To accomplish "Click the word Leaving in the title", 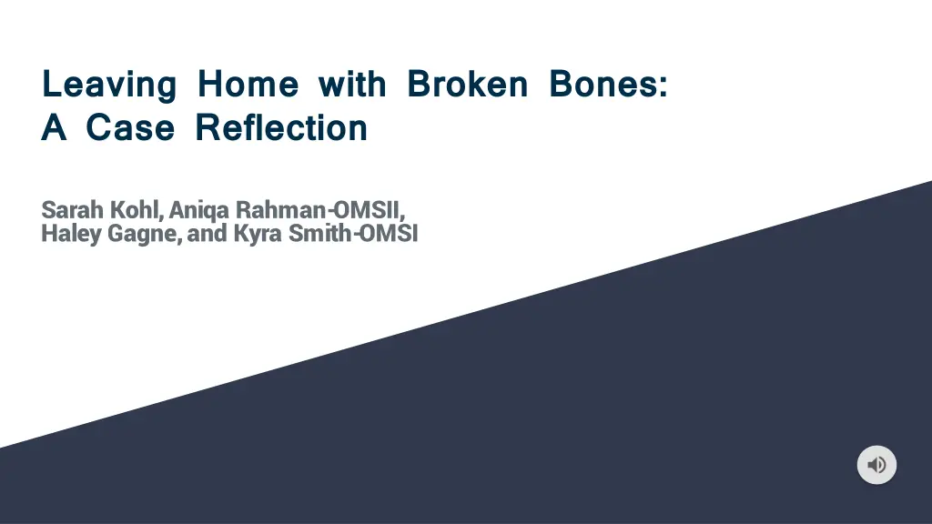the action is tap(109, 85).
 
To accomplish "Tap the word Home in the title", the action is tap(248, 83).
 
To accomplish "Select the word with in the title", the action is tap(352, 83).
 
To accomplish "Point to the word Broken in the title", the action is tap(467, 83).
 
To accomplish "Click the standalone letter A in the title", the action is tap(54, 127).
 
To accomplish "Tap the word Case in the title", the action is tap(130, 127).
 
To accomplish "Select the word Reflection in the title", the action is tap(282, 127).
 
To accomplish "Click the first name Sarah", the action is tap(72, 210).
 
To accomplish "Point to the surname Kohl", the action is tap(134, 210).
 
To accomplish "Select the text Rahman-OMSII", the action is tap(318, 210).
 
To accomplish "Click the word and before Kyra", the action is tap(207, 233).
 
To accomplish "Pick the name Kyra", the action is tap(258, 234).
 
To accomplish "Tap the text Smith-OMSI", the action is tap(353, 233).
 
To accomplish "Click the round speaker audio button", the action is tap(876, 465).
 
